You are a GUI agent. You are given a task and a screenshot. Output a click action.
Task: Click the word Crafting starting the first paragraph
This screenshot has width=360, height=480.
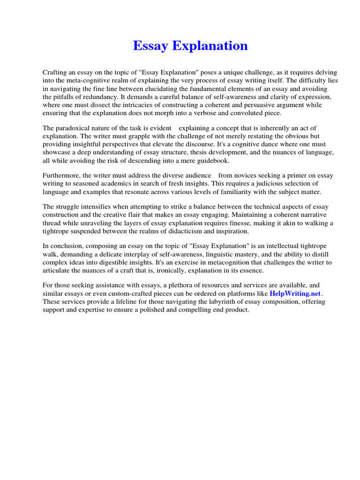pyautogui.click(x=55, y=73)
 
